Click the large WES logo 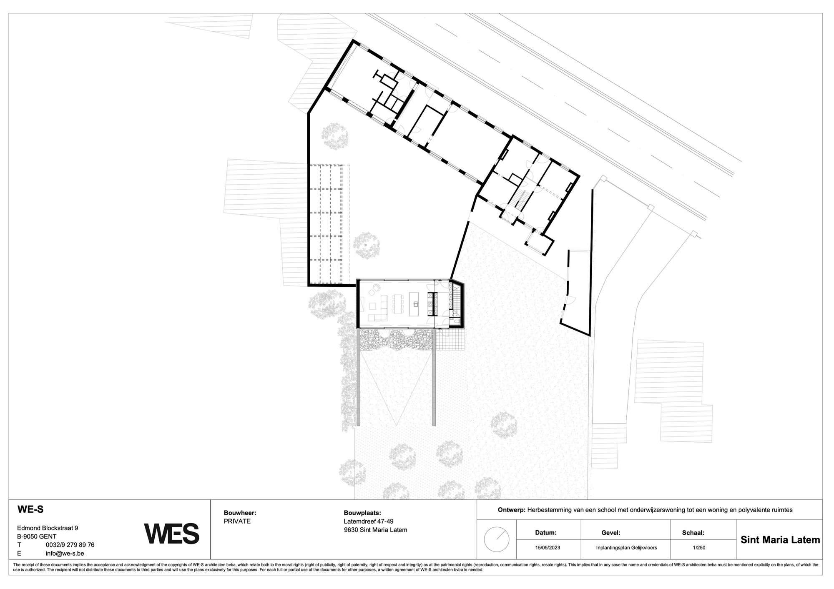[x=171, y=534]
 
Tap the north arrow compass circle [x=496, y=539]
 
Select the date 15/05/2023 [x=548, y=547]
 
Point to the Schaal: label [x=693, y=532]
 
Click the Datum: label [x=546, y=532]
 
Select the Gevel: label [x=610, y=532]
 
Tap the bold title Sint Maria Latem [x=780, y=540]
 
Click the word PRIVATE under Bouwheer [x=237, y=521]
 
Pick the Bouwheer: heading [x=240, y=513]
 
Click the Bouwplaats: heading [x=362, y=513]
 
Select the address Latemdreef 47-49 [x=368, y=521]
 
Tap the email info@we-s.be [x=65, y=554]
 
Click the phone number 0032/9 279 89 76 [x=70, y=545]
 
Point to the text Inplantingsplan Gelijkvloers [x=626, y=547]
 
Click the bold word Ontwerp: [x=512, y=510]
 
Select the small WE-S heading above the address [x=30, y=509]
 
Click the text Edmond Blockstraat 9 [x=47, y=528]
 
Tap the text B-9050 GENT [x=37, y=536]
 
